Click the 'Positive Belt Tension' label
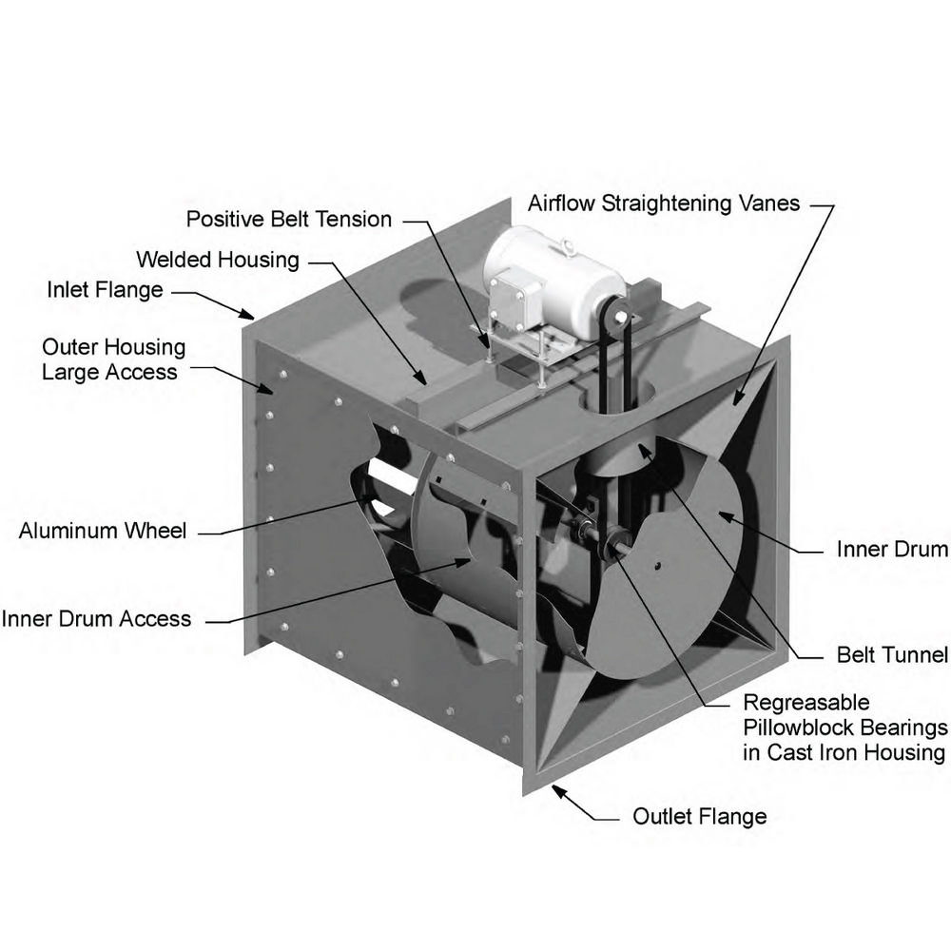pos(288,220)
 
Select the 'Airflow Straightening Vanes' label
pos(664,204)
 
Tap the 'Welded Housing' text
pos(218,260)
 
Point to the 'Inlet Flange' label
pos(105,289)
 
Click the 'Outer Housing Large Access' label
pos(113,359)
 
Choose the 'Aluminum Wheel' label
pos(103,531)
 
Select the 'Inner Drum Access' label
pos(96,619)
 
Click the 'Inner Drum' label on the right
pos(892,549)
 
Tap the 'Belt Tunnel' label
pos(892,654)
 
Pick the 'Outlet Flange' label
pos(699,816)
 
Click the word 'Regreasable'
pos(805,703)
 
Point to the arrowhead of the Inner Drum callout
pos(722,514)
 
